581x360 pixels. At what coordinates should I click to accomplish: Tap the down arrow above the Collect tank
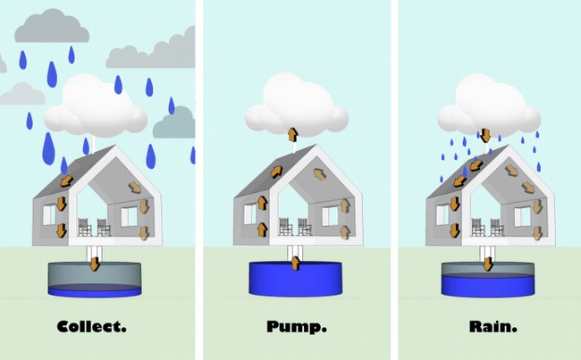tap(93, 262)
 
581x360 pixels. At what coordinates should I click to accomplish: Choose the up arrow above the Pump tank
tap(294, 260)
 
